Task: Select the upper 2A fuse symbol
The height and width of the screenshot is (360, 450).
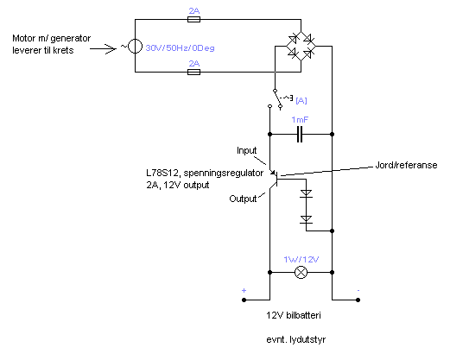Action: pos(193,19)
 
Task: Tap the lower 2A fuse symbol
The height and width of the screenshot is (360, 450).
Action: pos(193,72)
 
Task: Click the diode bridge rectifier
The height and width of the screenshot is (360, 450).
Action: pos(301,46)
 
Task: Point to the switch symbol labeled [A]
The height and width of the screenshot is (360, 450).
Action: pos(277,99)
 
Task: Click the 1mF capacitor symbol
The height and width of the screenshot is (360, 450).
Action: pos(300,134)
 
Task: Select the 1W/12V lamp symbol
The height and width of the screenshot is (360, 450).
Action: pos(301,272)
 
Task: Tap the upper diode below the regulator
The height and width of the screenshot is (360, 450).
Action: pos(306,193)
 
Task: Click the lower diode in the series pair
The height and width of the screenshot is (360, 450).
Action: pos(306,219)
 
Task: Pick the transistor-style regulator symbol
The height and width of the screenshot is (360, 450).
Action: pos(275,179)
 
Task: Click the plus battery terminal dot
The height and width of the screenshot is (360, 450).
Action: pos(244,300)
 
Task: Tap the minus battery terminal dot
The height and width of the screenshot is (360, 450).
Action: pos(358,300)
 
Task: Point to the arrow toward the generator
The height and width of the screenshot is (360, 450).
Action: pos(103,49)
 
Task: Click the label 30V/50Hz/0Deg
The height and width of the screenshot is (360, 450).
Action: pos(181,47)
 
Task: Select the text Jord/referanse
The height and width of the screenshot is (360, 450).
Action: pos(406,165)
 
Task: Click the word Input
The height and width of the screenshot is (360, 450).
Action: pos(246,150)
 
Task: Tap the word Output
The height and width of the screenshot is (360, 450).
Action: pos(243,199)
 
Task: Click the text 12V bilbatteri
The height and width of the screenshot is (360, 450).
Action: pos(294,315)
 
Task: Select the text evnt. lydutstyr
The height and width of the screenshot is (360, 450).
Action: pos(296,339)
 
